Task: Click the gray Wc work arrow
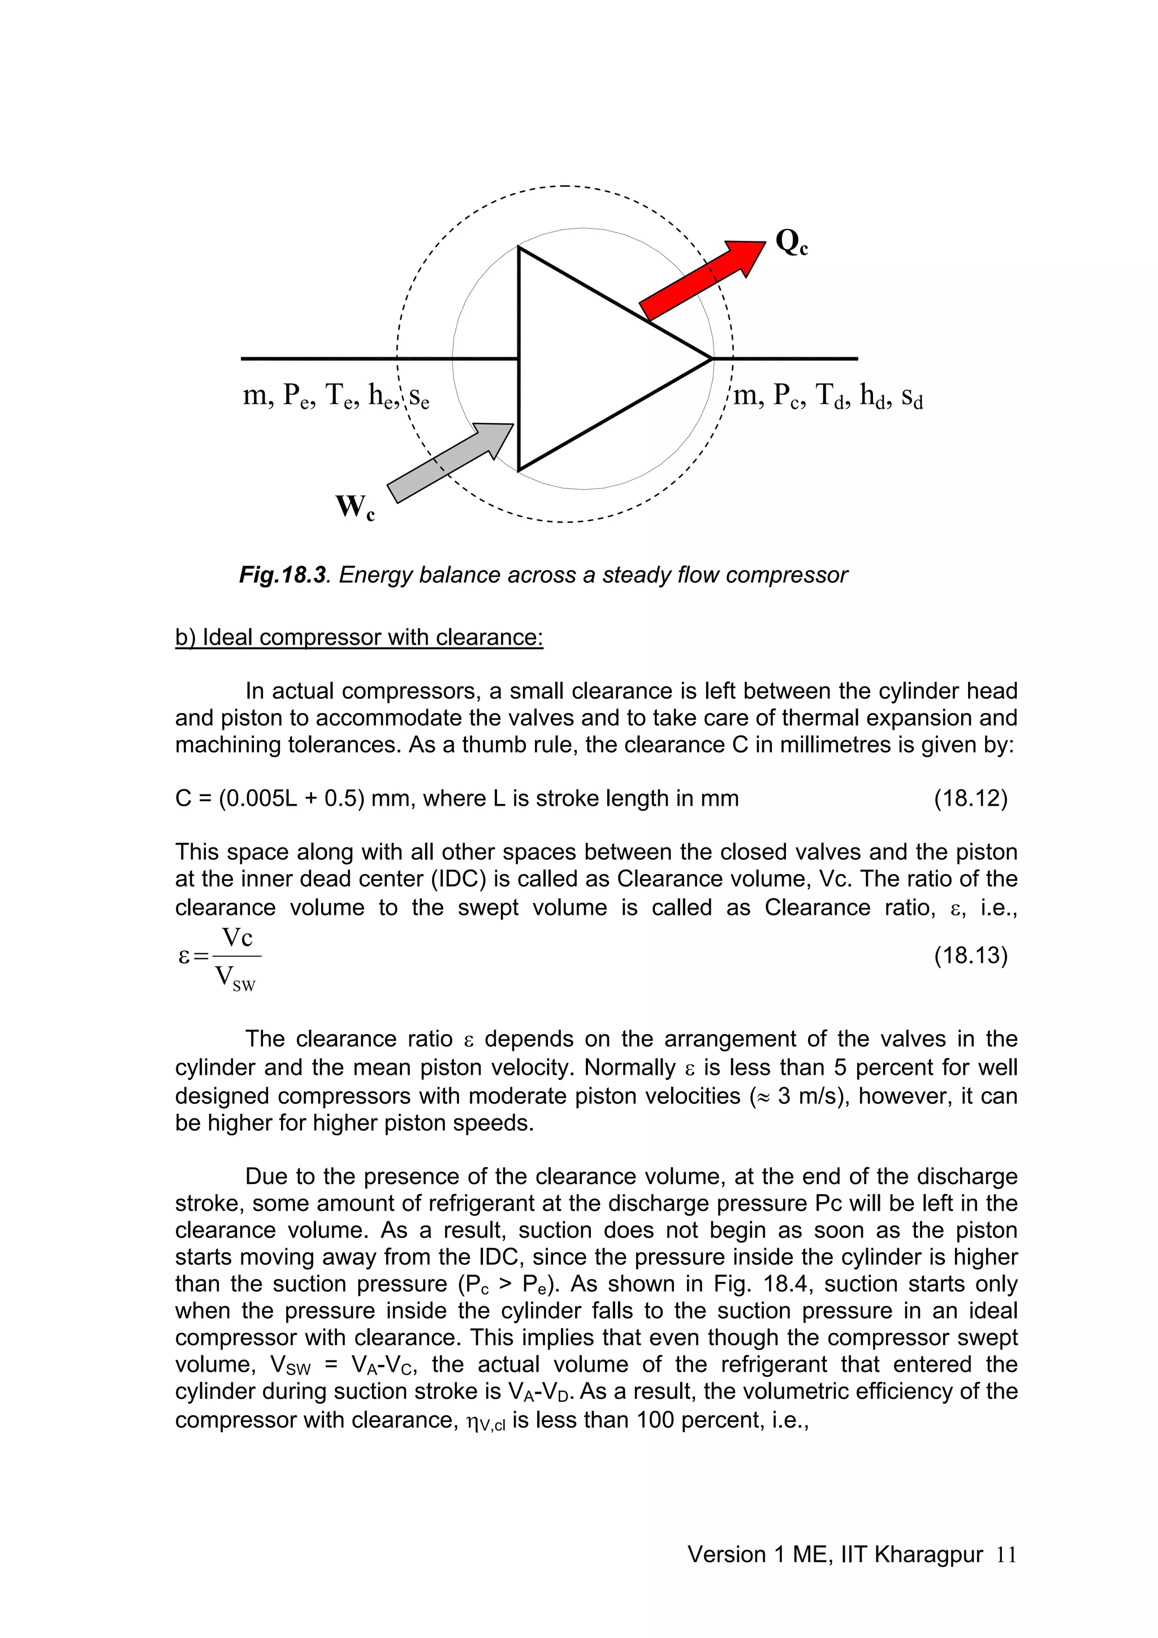point(450,463)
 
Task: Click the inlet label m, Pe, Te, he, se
point(335,395)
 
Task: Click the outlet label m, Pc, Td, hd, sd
point(828,395)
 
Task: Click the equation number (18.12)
point(970,798)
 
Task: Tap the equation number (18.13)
point(970,955)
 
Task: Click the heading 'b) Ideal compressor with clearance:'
point(359,637)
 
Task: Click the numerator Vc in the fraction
point(237,937)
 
